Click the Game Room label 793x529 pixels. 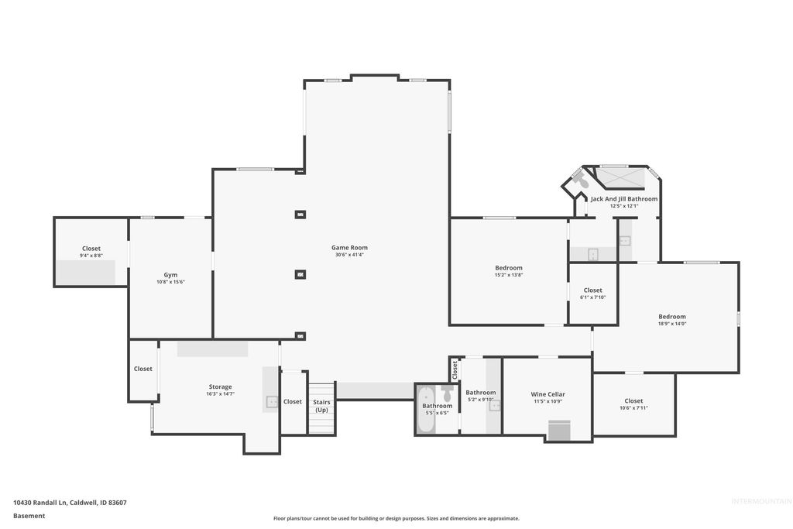coord(349,248)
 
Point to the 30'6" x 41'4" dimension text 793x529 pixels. coord(349,255)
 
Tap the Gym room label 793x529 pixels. coord(170,275)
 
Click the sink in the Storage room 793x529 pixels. coord(272,401)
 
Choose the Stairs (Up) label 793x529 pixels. coord(321,405)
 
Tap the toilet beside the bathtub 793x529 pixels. coord(447,393)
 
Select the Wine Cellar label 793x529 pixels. coord(548,394)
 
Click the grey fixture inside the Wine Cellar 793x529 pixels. coord(558,431)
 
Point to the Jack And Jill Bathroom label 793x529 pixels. coord(623,199)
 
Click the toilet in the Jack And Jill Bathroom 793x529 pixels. coord(578,180)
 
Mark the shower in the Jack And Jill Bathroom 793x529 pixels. coord(622,178)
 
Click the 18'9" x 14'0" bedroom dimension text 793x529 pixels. coord(671,324)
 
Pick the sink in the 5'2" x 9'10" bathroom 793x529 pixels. coord(495,405)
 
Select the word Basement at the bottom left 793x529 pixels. coord(29,515)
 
